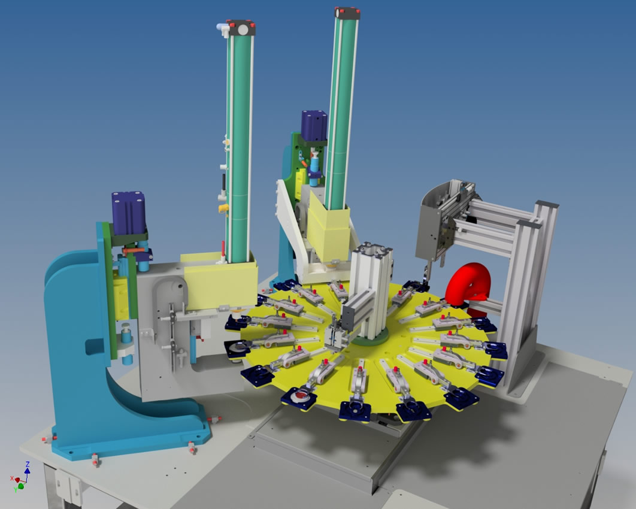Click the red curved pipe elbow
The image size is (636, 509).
(x=467, y=284)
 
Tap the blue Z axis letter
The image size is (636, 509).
(x=28, y=463)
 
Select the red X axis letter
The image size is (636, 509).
(x=12, y=478)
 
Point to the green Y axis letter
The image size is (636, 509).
(x=16, y=490)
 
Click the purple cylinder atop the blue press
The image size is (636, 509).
(x=129, y=214)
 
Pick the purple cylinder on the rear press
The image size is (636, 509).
(x=314, y=125)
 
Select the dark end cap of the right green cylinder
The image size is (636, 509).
(x=347, y=13)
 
